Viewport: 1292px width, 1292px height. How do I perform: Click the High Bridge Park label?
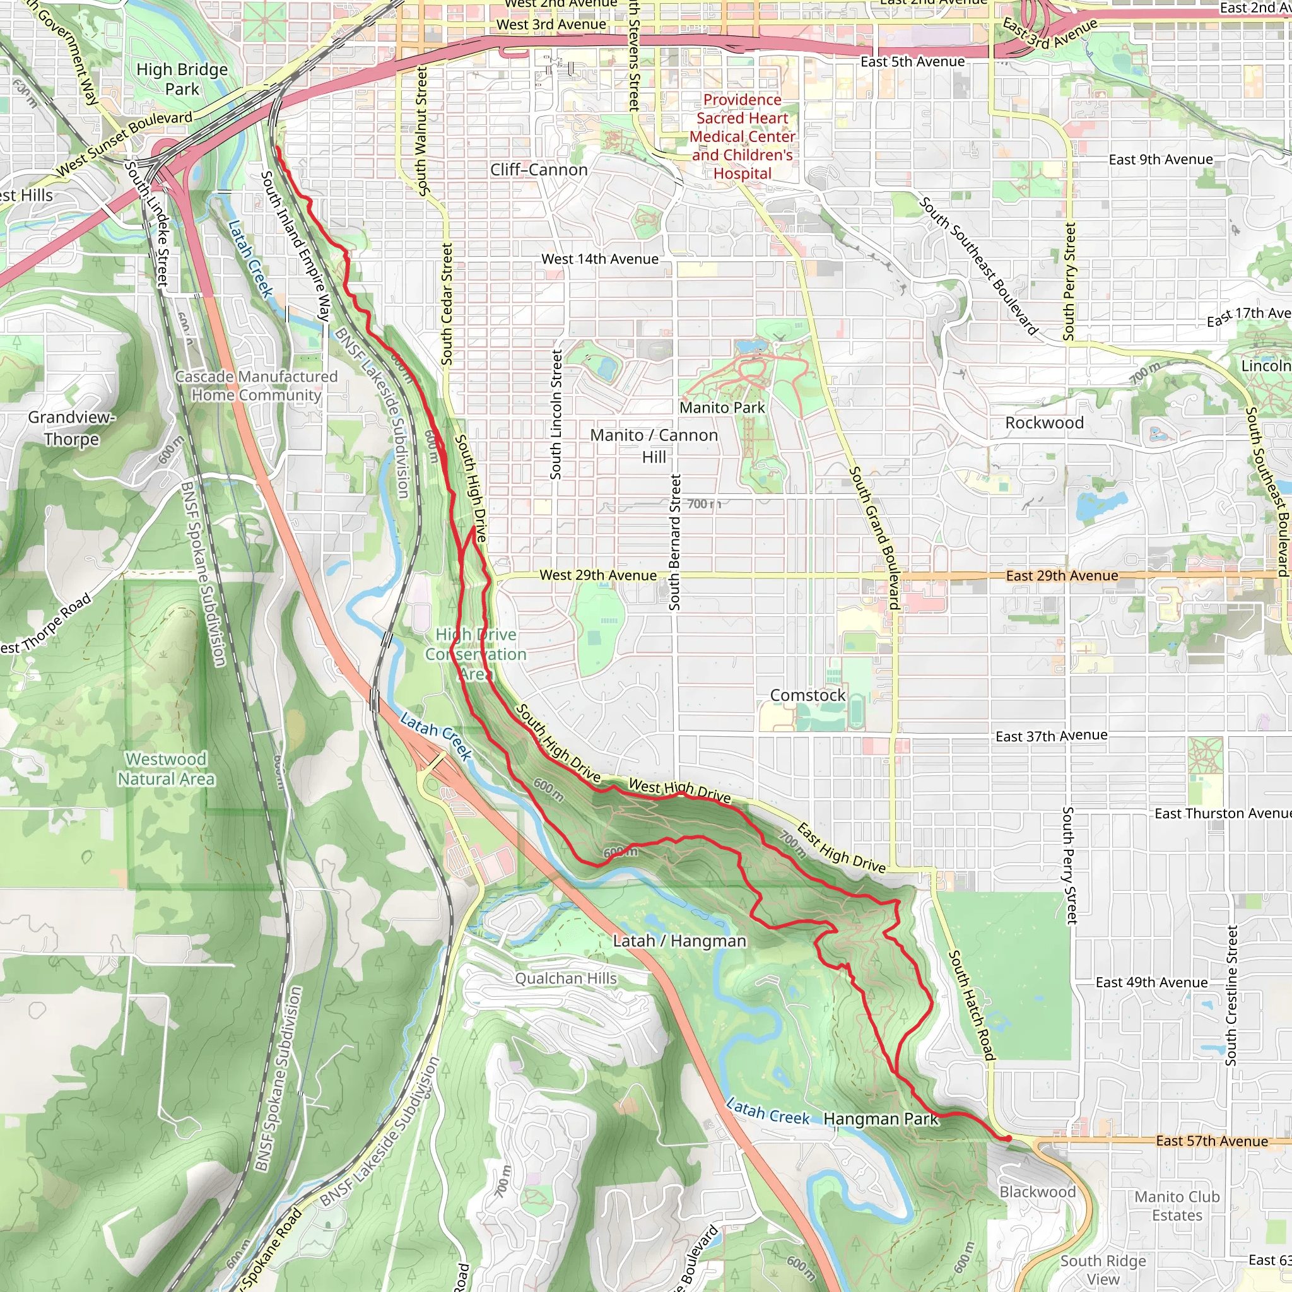182,79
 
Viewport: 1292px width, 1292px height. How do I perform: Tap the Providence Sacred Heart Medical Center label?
743,136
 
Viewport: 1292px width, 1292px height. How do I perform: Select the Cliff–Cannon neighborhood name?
538,170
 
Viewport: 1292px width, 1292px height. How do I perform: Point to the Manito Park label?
722,408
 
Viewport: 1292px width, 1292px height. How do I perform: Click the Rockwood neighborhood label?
1044,423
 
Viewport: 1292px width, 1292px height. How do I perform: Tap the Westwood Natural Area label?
166,769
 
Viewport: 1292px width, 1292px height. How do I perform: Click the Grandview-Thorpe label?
71,428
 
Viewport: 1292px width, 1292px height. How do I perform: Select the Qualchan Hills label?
566,978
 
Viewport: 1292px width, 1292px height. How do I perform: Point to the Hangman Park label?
881,1119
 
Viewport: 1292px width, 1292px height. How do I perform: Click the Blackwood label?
1037,1192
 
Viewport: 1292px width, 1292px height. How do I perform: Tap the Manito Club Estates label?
1177,1206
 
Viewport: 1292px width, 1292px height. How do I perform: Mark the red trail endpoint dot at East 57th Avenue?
1007,1138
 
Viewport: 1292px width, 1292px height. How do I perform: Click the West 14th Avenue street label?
600,259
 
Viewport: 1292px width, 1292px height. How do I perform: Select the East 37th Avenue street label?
1051,736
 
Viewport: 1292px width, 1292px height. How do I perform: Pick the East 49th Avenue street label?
1151,982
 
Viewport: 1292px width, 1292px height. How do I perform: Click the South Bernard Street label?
675,542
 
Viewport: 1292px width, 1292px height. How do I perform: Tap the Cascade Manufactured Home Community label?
256,386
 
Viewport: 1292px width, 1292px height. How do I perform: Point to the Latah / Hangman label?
679,941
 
